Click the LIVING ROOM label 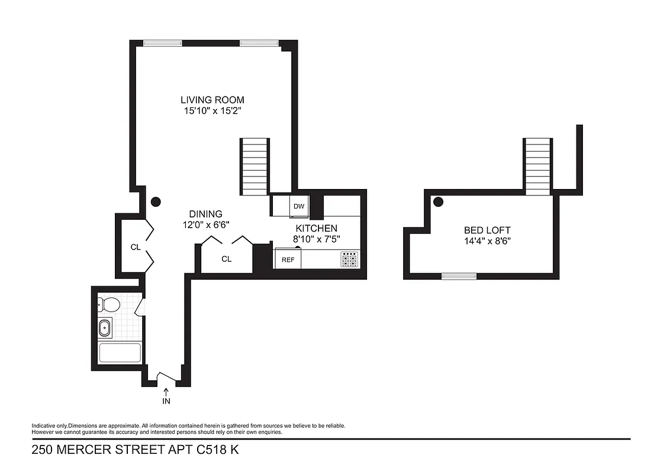(x=212, y=100)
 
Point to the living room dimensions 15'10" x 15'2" (x=212, y=110)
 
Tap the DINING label (x=205, y=214)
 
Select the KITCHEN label (x=316, y=228)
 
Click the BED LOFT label (x=487, y=230)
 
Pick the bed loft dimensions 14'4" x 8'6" (x=487, y=241)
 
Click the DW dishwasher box (x=299, y=207)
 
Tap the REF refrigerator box (x=288, y=260)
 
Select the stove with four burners (x=349, y=259)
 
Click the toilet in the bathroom (x=109, y=305)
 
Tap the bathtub (x=120, y=353)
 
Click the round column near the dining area (x=156, y=201)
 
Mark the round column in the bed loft (x=439, y=201)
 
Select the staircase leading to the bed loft (x=537, y=166)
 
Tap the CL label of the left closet (x=136, y=247)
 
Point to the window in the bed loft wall (x=459, y=276)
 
